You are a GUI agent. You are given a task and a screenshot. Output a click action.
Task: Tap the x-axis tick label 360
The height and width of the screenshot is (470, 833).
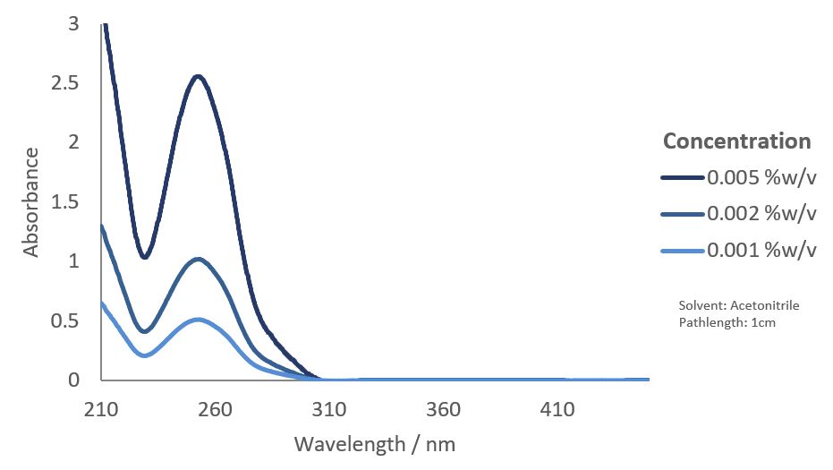(x=444, y=410)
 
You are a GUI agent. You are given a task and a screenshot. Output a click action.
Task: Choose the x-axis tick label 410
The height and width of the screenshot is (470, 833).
(x=557, y=410)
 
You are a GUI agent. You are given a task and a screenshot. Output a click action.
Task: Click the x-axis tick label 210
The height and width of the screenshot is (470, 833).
(x=101, y=410)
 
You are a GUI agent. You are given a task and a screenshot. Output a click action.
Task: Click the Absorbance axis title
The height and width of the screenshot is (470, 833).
(x=32, y=202)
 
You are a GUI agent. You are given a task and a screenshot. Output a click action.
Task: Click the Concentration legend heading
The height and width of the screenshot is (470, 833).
(x=736, y=141)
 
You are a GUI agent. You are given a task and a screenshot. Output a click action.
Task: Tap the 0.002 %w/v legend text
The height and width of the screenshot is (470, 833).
(x=762, y=214)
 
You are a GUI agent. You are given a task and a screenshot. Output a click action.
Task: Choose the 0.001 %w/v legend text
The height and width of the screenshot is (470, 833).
(x=762, y=251)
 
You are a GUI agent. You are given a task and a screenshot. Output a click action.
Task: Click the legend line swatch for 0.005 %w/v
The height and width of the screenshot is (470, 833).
(x=683, y=178)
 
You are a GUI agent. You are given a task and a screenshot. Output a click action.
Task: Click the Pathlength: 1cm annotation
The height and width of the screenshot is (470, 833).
(x=727, y=322)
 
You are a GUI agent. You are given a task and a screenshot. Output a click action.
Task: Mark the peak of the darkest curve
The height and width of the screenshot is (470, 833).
(x=199, y=76)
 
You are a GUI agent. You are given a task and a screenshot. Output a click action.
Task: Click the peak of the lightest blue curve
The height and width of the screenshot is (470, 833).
(x=199, y=320)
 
